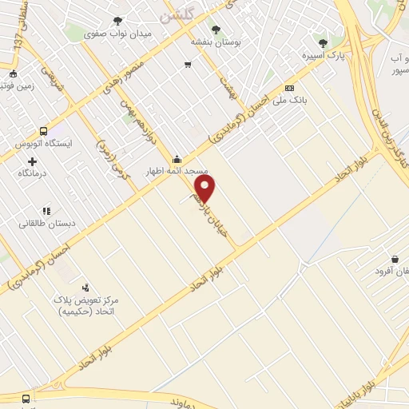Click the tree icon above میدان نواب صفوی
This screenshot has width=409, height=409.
[x=118, y=22]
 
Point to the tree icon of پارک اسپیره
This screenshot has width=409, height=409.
[x=323, y=43]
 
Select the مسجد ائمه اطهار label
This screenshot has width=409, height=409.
[x=176, y=172]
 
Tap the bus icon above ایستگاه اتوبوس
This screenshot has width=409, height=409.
[x=43, y=132]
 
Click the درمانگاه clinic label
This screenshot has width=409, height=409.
[x=32, y=173]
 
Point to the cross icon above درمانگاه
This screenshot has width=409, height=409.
[x=32, y=161]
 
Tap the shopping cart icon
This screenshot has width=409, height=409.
[x=188, y=65]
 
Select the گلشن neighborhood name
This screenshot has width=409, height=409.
[x=176, y=14]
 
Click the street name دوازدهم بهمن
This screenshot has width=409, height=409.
[x=137, y=121]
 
